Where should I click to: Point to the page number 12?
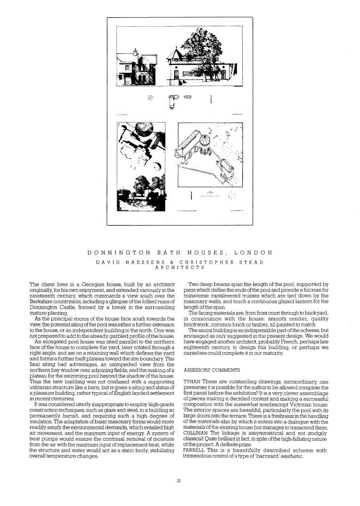coord(180,480)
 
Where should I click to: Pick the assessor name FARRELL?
coord(193,450)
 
